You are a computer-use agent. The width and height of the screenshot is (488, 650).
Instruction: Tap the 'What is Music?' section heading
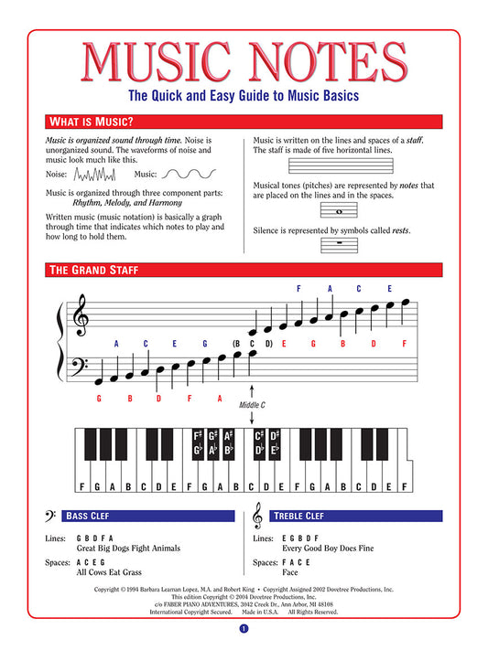[x=90, y=122]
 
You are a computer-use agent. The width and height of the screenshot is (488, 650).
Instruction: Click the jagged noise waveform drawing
[x=94, y=174]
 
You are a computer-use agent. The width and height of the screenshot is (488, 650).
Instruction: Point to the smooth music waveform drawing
[x=190, y=174]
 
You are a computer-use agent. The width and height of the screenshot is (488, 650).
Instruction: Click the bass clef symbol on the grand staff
[x=81, y=368]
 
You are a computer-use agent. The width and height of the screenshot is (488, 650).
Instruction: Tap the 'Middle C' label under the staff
[x=252, y=404]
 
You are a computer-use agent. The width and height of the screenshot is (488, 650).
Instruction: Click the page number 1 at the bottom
[x=244, y=629]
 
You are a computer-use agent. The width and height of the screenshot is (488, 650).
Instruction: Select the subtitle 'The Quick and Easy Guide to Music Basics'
[x=244, y=94]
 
